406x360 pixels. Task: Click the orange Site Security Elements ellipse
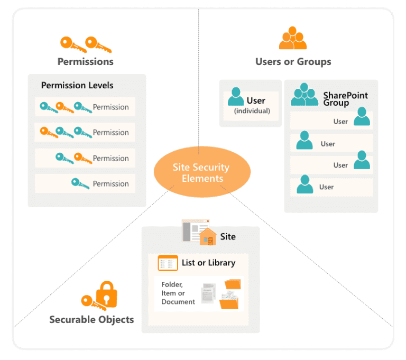[201, 172]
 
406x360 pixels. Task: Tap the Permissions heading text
[85, 61]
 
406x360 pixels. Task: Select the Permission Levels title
[77, 85]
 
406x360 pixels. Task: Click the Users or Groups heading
[293, 61]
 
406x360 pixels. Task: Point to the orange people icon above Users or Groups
[292, 38]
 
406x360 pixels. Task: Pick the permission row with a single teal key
[85, 183]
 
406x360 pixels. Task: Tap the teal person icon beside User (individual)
[236, 97]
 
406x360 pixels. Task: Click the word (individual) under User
[252, 110]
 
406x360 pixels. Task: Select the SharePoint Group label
[345, 99]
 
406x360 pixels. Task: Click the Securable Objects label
[91, 319]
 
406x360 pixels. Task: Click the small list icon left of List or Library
[168, 262]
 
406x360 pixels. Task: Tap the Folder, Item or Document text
[178, 292]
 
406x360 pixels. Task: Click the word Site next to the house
[228, 236]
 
